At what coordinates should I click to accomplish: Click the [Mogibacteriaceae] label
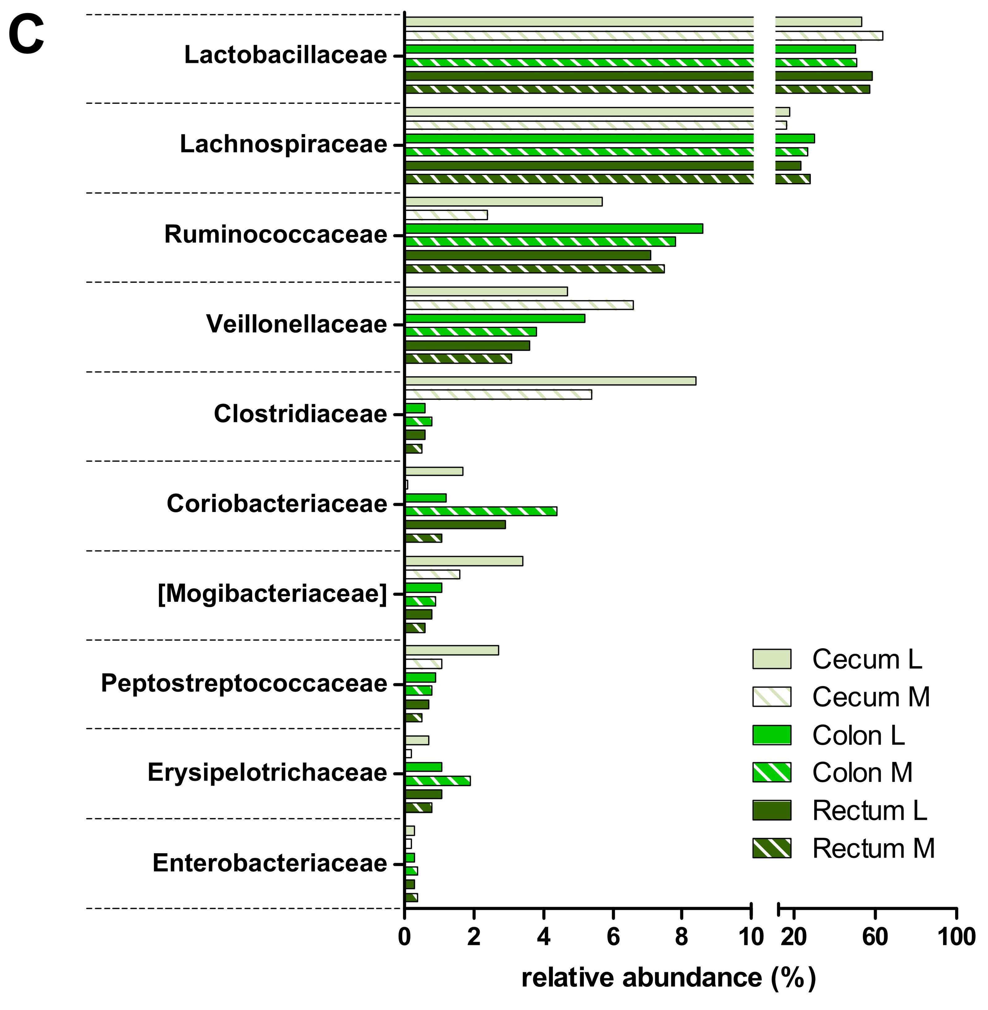272,594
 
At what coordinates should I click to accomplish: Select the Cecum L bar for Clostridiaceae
550,381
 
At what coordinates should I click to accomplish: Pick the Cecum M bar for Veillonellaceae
519,305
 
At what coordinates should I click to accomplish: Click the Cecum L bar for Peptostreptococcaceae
451,650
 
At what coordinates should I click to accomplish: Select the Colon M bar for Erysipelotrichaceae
438,781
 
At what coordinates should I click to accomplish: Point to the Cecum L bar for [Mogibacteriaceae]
463,561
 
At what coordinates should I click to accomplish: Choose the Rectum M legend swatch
772,849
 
